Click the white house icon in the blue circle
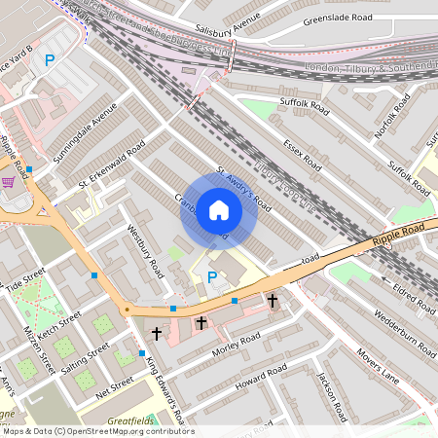219,209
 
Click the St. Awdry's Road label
242,192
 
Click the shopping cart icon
8,181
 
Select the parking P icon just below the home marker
212,278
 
